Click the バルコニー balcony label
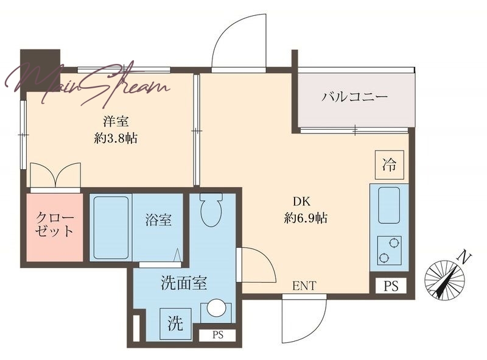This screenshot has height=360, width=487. [x=354, y=96]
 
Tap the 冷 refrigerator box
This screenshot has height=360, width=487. [x=390, y=164]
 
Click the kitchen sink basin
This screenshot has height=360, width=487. [x=389, y=205]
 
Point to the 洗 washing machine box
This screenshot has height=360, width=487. [x=175, y=323]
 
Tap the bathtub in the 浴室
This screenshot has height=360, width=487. [x=111, y=227]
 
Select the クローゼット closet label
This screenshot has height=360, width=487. [x=55, y=224]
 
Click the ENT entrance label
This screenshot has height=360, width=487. [x=304, y=286]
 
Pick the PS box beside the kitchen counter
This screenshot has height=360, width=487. [x=391, y=286]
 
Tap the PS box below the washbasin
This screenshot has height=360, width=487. [x=218, y=335]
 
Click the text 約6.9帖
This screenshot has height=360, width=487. [x=306, y=218]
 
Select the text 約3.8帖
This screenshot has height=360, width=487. [x=116, y=138]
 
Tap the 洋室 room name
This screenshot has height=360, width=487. [x=116, y=121]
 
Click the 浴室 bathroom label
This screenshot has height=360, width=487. [x=158, y=220]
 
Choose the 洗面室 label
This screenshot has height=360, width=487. [x=184, y=283]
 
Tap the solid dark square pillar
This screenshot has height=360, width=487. [x=40, y=69]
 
